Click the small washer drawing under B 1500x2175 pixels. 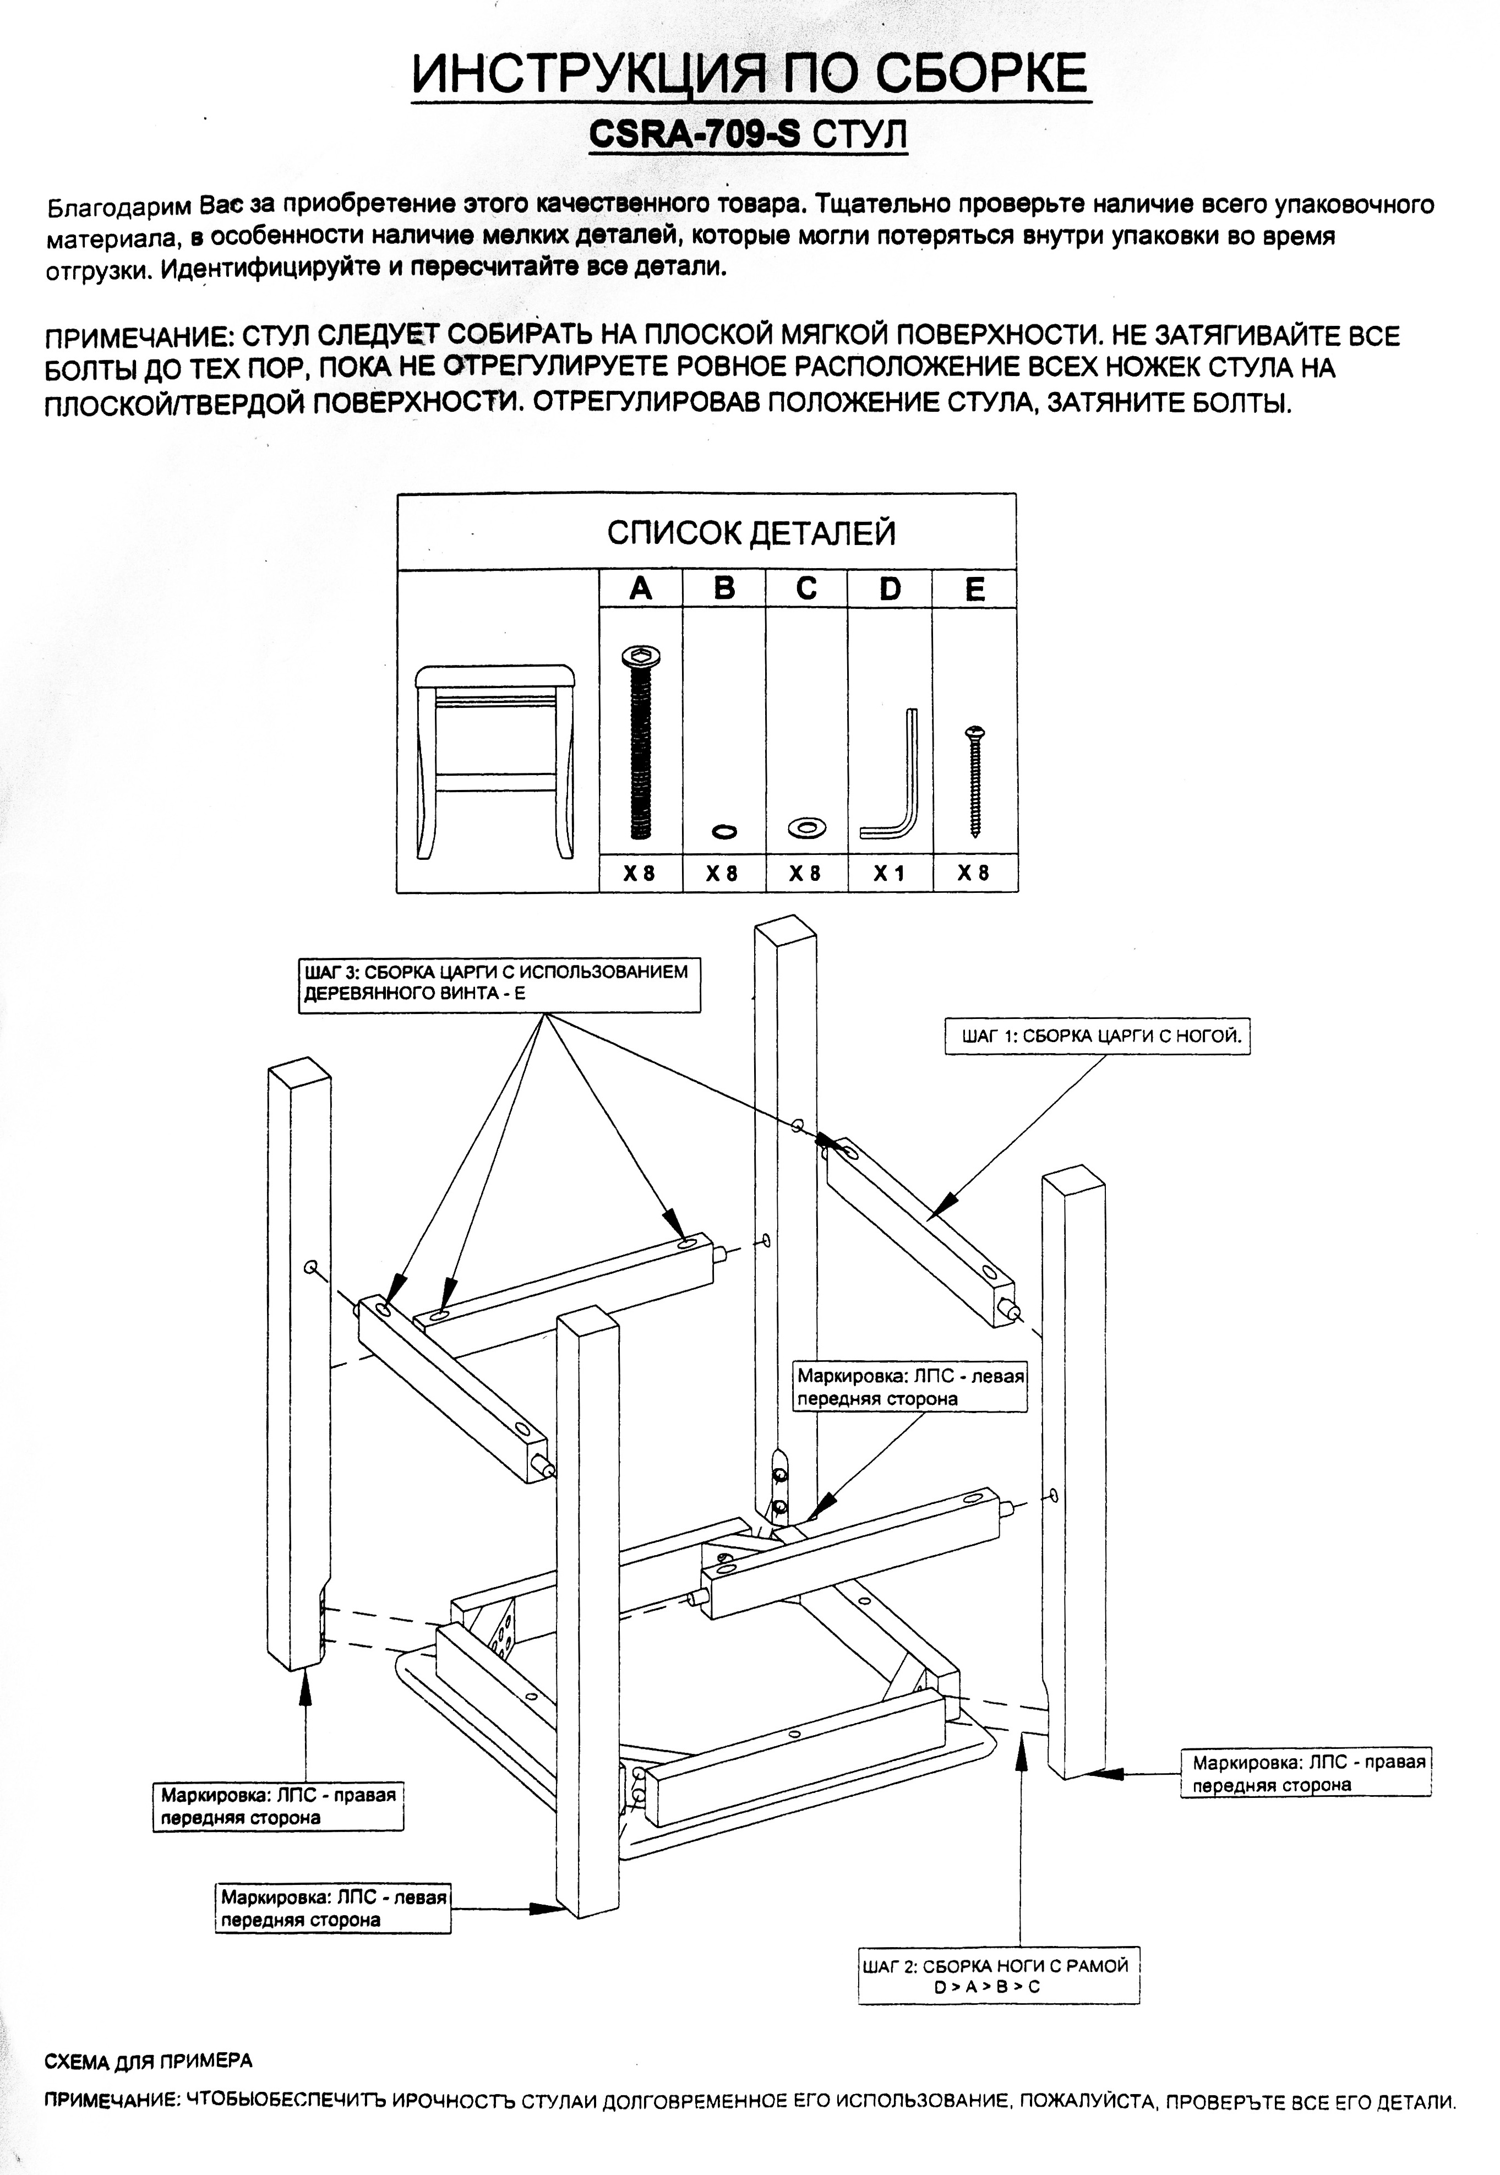click(x=724, y=831)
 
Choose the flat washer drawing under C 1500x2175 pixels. click(x=806, y=827)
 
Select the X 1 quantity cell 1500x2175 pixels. click(x=889, y=873)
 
